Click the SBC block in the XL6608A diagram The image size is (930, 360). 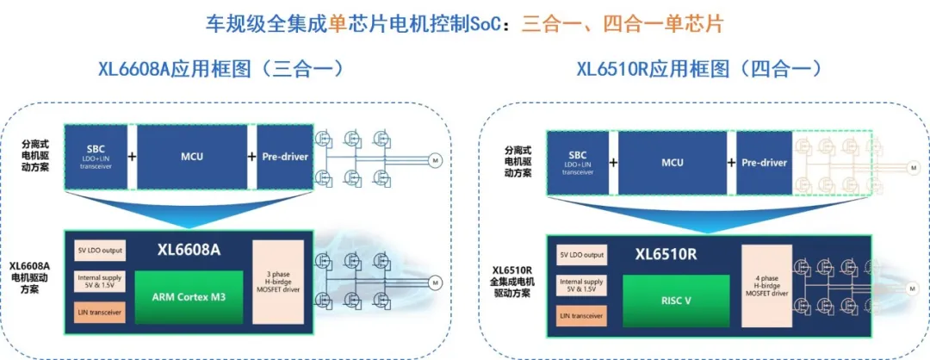click(95, 156)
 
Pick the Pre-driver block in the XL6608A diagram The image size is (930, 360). click(283, 156)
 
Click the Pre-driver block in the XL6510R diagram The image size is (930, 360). click(764, 162)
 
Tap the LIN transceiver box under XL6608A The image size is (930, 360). click(99, 311)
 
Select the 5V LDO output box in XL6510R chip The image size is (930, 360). click(581, 255)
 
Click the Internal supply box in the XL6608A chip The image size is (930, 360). click(99, 282)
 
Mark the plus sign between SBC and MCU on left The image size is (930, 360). click(132, 157)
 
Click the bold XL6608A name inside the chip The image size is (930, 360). click(189, 251)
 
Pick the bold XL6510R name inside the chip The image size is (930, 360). click(665, 255)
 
